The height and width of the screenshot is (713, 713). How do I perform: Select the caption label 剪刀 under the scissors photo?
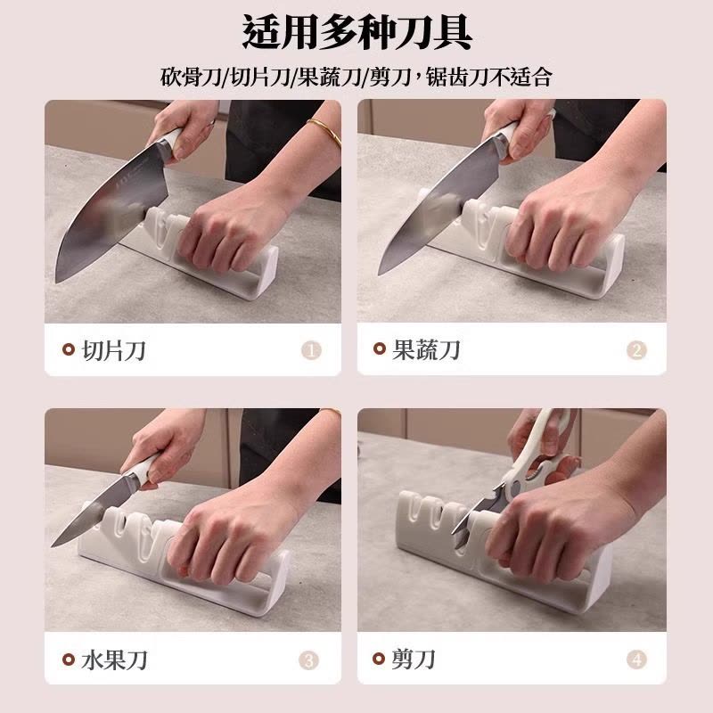tap(414, 660)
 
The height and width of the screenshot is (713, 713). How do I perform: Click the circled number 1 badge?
tap(311, 350)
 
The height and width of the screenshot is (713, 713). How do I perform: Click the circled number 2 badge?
tap(635, 350)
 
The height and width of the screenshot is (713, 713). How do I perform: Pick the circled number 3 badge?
tap(308, 660)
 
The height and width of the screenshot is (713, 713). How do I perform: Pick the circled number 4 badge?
tap(635, 660)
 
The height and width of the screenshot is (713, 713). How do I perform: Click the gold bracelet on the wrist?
tap(324, 132)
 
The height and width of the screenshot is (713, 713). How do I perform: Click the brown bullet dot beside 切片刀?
tap(68, 350)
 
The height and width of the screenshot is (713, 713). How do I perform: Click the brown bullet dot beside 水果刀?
tap(68, 660)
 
